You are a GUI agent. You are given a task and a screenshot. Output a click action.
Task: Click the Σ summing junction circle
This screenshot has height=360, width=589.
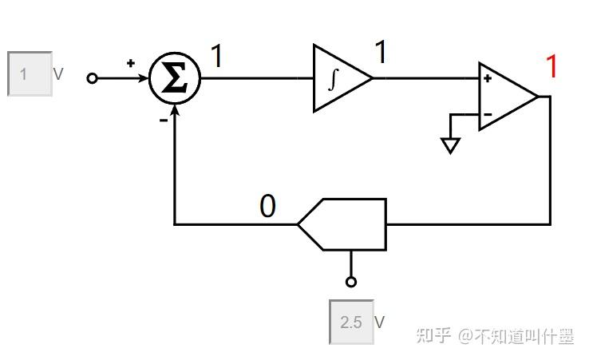(175, 78)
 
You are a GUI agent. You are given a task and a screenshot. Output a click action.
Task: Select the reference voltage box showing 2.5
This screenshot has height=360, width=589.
(351, 322)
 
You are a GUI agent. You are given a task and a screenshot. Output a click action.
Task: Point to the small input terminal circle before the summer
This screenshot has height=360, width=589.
(93, 78)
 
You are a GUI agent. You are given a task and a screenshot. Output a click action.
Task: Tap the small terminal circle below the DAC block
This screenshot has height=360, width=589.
(351, 282)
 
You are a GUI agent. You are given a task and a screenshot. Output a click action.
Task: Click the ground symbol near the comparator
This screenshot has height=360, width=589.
(451, 144)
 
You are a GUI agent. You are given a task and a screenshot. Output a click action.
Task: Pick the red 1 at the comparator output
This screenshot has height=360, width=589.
(551, 67)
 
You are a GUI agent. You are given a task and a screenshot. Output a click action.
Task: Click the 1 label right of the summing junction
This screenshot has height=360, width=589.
(216, 57)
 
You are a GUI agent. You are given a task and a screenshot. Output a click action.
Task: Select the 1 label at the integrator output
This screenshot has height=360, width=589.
(381, 53)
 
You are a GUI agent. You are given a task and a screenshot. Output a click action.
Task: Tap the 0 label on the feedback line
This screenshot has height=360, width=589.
(267, 207)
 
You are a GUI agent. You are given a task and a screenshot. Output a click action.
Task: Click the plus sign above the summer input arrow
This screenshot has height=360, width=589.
(131, 63)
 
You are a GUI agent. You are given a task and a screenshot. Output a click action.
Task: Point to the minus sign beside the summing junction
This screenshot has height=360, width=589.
(163, 120)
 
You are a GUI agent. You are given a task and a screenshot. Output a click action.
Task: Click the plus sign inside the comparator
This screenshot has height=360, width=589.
(488, 78)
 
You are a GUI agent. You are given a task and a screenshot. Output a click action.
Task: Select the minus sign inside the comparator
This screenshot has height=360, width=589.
(488, 114)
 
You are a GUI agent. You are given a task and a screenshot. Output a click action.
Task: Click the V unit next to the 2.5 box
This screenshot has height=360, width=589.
(380, 322)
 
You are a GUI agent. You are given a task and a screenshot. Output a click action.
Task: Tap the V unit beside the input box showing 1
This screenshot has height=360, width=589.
(58, 74)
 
